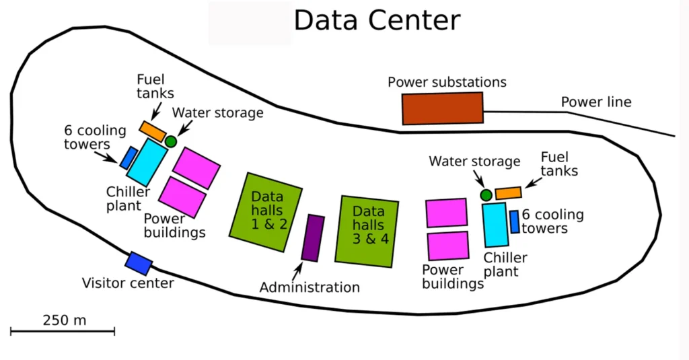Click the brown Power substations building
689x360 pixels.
[x=443, y=108]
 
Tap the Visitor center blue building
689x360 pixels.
[x=139, y=263]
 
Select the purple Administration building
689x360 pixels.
[x=313, y=238]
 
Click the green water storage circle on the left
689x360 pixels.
[x=171, y=141]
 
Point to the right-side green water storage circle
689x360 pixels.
[x=486, y=195]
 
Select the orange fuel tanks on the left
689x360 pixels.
[x=153, y=131]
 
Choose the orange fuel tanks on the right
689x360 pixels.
[x=508, y=193]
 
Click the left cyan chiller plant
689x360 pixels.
[x=147, y=162]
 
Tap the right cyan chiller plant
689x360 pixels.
[x=495, y=225]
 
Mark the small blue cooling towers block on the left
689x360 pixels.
[x=126, y=158]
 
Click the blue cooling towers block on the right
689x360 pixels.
[x=515, y=221]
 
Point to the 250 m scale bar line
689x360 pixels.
[x=63, y=331]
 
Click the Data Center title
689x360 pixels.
[x=377, y=20]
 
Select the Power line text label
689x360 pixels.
[x=596, y=102]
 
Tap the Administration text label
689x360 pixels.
[x=310, y=287]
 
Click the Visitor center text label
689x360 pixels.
[x=128, y=283]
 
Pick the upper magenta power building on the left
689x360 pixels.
[x=196, y=168]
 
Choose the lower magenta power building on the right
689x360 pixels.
[x=448, y=245]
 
